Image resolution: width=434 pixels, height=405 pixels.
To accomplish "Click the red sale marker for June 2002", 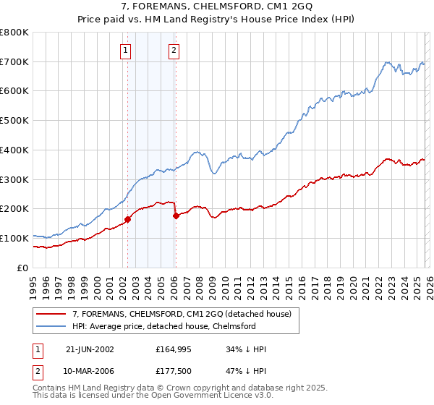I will coord(127,218).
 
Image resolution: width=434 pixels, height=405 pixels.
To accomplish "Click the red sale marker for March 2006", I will coord(176,215).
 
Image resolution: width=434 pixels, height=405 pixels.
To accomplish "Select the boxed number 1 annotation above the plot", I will coord(126,51).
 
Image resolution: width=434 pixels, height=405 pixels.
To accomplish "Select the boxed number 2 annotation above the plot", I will coord(174,51).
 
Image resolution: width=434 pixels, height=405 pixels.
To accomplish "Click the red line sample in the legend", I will coord(51,314).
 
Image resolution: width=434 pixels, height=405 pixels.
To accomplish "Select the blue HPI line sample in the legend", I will coord(51,326).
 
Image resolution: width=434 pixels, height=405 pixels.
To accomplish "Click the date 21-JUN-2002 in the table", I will coord(90,349).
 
